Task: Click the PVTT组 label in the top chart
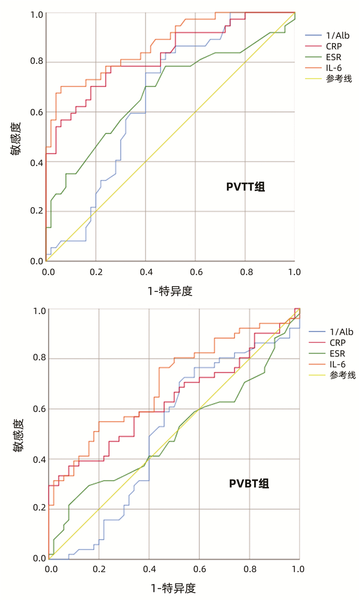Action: pos(246,187)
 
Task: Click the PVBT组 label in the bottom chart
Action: pos(249,483)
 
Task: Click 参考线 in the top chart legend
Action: pos(338,79)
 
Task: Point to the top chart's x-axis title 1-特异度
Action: pos(170,292)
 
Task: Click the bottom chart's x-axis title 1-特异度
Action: pos(173,588)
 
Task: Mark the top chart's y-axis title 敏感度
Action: pos(16,138)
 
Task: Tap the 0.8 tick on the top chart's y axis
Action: pos(36,62)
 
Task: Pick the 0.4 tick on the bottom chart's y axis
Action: pos(39,459)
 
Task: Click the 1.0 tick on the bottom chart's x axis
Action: pos(298,569)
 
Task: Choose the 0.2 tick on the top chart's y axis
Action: pos(36,211)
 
